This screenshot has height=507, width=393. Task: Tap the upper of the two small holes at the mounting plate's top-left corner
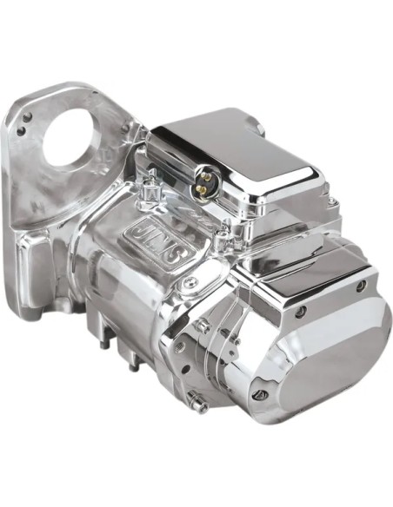click(x=28, y=115)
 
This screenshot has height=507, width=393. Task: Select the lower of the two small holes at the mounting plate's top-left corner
click(x=22, y=129)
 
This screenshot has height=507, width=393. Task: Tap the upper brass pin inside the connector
click(x=204, y=174)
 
